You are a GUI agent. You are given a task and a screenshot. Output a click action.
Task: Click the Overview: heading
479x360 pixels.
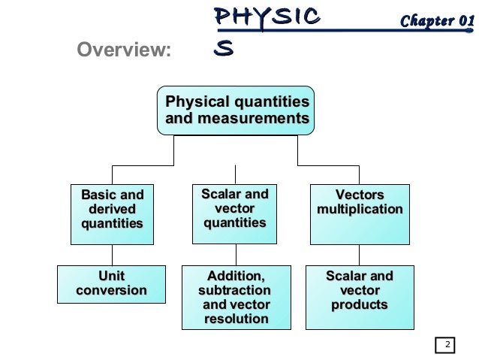[125, 50]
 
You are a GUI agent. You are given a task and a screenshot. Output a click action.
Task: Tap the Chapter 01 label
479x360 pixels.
[437, 20]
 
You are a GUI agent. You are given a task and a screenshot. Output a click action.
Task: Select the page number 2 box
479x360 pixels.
[446, 346]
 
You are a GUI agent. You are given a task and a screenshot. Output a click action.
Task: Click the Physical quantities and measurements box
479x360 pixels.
[236, 110]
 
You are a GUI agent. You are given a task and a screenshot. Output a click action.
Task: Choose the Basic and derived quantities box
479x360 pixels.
[112, 213]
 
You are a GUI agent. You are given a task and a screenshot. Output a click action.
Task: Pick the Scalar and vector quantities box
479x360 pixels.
[234, 213]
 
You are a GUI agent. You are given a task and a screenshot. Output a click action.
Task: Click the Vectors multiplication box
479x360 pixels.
[360, 213]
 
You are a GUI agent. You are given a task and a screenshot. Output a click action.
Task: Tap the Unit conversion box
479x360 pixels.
[112, 283]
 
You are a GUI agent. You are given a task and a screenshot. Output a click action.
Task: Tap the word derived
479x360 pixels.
[112, 208]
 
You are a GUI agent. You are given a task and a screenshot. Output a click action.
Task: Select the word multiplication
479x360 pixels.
[360, 209]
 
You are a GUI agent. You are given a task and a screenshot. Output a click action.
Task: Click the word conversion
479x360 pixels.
[112, 291]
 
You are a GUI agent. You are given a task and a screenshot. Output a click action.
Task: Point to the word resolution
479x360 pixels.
[236, 319]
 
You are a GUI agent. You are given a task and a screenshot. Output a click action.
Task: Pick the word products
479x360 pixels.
[359, 305]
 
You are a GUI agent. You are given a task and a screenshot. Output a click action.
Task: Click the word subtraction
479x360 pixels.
[234, 290]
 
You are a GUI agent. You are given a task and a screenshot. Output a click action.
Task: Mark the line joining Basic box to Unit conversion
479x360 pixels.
[112, 255]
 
